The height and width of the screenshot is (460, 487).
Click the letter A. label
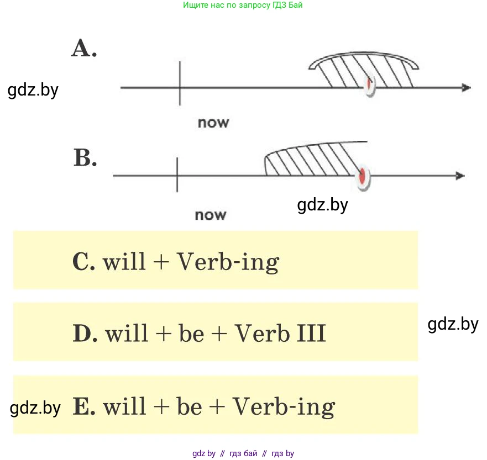click(84, 49)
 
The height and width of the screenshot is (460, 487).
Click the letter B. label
click(86, 158)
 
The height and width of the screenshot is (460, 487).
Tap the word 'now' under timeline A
click(213, 122)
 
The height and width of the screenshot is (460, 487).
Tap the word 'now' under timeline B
click(211, 214)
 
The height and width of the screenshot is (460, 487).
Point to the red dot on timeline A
click(370, 84)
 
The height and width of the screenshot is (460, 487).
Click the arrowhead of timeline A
click(466, 87)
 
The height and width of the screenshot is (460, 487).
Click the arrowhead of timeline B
click(460, 176)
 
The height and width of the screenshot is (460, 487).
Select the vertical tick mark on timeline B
click(177, 175)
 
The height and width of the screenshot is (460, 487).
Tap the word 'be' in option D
click(191, 334)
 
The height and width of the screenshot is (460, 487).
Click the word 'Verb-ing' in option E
click(283, 408)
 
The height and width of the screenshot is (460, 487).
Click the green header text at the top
click(243, 5)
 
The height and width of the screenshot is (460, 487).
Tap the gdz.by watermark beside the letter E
click(35, 408)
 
